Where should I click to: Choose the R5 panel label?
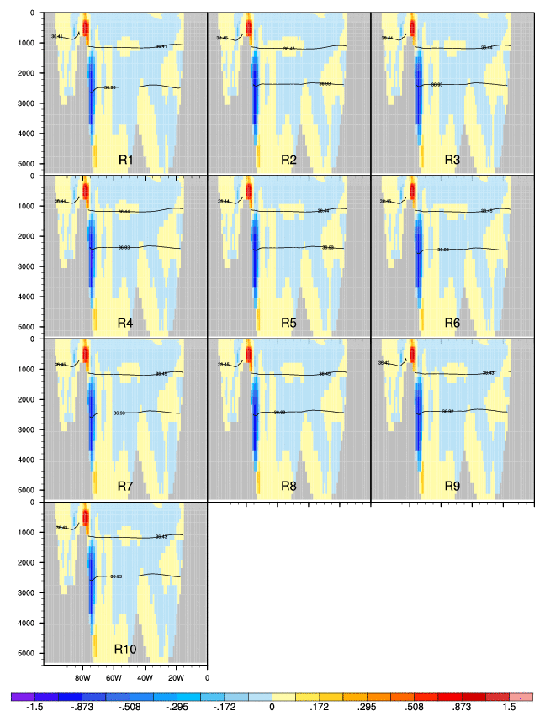289,323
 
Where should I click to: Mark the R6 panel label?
452,323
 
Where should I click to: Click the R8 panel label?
289,486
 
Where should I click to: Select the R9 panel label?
452,486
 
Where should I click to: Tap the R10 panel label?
125,649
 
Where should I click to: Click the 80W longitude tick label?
82,676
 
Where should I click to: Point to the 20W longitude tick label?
176,676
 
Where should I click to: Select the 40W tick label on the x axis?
144,676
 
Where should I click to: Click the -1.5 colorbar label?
35,708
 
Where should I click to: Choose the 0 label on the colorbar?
272,708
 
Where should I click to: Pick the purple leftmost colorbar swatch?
23,697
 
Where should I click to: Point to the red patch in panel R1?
84,29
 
